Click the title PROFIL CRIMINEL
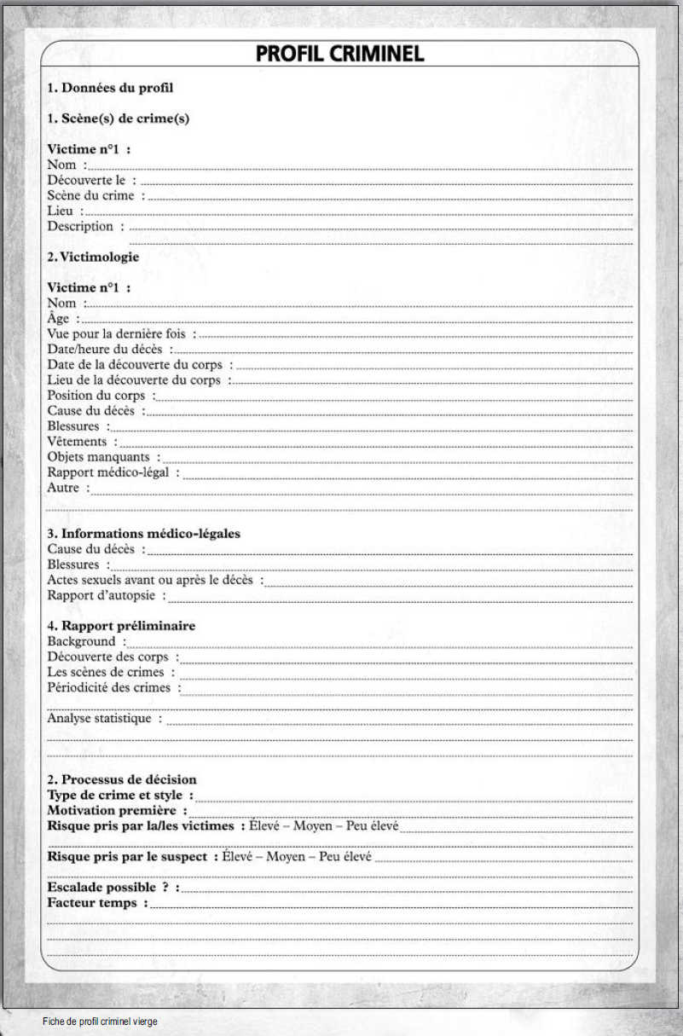tap(340, 54)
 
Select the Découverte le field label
tap(86, 180)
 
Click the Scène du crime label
tap(91, 195)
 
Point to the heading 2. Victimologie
tap(93, 256)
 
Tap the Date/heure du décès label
tap(105, 350)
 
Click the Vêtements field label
tap(78, 442)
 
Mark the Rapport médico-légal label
tap(108, 472)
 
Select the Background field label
tap(81, 641)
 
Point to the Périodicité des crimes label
tap(109, 687)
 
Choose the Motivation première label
tap(112, 810)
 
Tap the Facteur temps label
tap(92, 902)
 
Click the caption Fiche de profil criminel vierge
tap(100, 1021)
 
